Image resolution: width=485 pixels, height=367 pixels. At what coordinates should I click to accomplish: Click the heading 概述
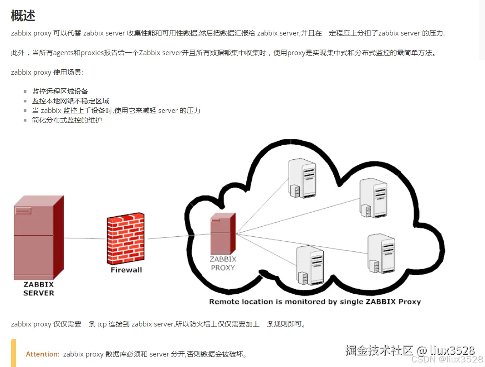(23, 15)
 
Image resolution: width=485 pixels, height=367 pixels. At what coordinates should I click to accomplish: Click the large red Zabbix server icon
(39, 237)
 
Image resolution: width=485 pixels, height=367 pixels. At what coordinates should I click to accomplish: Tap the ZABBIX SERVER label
(39, 289)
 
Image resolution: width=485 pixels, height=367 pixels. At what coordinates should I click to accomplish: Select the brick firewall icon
(126, 239)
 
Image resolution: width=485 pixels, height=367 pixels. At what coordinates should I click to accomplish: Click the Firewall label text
(126, 270)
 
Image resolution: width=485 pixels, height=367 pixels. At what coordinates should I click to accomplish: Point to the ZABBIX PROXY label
(223, 263)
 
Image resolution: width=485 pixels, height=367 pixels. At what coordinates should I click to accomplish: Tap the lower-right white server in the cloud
(381, 253)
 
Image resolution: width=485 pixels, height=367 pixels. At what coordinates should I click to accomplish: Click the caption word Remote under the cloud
(224, 301)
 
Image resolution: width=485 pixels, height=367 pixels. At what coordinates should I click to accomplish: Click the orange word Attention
(43, 354)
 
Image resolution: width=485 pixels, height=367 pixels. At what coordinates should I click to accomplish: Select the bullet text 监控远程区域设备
(60, 92)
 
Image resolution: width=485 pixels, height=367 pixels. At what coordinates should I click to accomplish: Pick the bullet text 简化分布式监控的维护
(67, 120)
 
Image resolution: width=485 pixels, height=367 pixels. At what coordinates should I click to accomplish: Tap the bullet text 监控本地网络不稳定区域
(71, 101)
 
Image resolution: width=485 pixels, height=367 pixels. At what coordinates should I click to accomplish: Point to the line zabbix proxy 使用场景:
(47, 72)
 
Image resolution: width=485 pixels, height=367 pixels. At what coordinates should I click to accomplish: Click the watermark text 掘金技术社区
(379, 350)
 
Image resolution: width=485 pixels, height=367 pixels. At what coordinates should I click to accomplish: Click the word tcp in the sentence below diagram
(102, 324)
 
